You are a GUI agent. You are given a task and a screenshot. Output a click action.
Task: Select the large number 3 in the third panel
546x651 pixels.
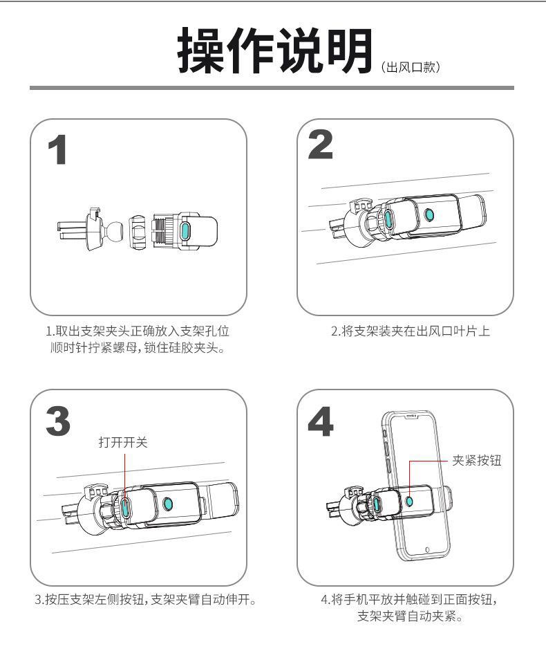coord(61,420)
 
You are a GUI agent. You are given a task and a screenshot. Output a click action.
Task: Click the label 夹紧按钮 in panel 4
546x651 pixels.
coord(476,462)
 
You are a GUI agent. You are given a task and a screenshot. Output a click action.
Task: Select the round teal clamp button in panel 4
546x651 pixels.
coord(411,500)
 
